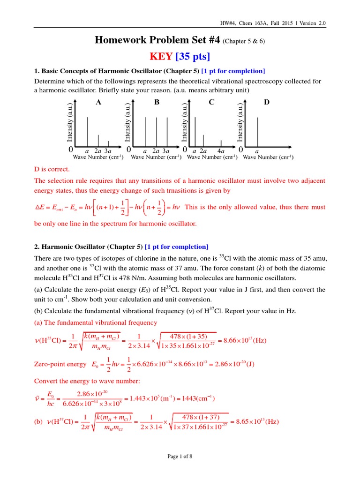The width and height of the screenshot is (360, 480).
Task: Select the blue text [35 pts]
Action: pyautogui.click(x=193, y=57)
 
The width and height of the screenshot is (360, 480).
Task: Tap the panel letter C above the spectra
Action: pyautogui.click(x=211, y=102)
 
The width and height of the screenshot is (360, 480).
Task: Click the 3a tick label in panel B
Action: pyautogui.click(x=165, y=151)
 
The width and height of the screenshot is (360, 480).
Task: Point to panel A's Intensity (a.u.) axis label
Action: pyautogui.click(x=69, y=122)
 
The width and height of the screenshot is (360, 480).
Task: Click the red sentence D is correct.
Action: pyautogui.click(x=52, y=169)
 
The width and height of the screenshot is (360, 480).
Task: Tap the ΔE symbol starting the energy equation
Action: pyautogui.click(x=39, y=207)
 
